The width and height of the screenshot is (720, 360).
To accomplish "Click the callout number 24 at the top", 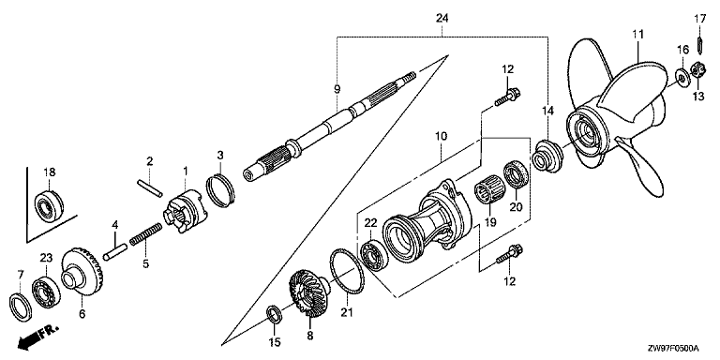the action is click(442, 18).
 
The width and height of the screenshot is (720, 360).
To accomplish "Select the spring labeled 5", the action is click(145, 234).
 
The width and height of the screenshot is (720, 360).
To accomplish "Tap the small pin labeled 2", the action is click(149, 187).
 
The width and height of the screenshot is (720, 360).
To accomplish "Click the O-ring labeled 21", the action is click(347, 271).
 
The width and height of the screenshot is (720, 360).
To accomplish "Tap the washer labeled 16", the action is click(681, 76).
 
